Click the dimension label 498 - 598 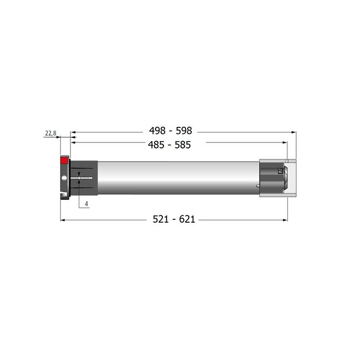click(170, 131)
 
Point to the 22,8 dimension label click(50, 133)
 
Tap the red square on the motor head click(64, 160)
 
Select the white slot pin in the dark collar click(81, 178)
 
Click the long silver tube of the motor click(177, 177)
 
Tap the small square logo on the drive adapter click(280, 172)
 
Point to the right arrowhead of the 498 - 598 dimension click(292, 132)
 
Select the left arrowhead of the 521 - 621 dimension click(62, 220)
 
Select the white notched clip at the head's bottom click(63, 195)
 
